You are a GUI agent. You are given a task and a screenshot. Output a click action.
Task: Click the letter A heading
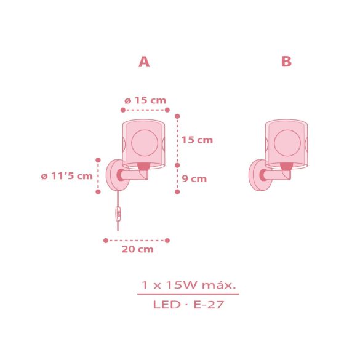point(144,62)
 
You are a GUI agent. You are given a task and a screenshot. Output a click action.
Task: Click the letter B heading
point(286,62)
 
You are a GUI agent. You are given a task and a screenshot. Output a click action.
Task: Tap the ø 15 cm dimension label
point(145,100)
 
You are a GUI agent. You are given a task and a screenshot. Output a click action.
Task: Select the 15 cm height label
point(197,140)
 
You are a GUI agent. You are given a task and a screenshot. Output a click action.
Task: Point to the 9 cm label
point(194,179)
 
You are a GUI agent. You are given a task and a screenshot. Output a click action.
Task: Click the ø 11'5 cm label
point(66,176)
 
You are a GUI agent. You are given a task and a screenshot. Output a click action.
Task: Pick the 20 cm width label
point(137,249)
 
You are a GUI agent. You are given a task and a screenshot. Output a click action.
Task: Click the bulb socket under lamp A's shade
point(143,166)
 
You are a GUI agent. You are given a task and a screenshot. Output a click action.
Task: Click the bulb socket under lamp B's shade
point(286,166)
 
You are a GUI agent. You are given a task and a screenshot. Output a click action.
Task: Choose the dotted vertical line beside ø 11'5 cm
point(97,175)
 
